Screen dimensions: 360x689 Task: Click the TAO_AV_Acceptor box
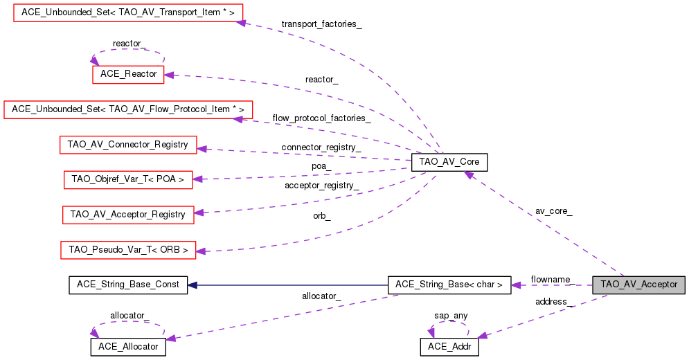pos(638,285)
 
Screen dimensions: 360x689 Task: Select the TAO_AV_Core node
pos(449,163)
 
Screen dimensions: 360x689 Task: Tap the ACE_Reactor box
pos(128,74)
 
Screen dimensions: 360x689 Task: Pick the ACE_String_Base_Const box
pos(128,285)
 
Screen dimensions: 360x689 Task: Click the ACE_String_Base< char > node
pos(449,285)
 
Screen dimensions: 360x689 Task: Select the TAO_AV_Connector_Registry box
pos(128,145)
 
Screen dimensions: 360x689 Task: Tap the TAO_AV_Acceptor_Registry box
pos(128,215)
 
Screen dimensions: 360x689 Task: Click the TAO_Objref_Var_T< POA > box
pos(128,179)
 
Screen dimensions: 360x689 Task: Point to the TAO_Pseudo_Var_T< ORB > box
pos(128,249)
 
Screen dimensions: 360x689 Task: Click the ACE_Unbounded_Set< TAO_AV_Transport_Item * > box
pos(128,12)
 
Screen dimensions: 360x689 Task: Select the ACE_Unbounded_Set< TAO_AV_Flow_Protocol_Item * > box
pos(128,109)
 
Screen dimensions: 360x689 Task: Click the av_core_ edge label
pos(553,210)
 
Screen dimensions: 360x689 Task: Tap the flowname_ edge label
pos(552,279)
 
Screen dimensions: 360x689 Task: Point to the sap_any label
pos(451,316)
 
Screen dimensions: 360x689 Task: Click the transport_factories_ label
pos(321,24)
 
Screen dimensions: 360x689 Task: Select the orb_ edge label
pos(322,216)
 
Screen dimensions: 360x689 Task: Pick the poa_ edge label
pos(321,166)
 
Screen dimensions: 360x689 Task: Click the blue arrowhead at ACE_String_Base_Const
pos(193,285)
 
